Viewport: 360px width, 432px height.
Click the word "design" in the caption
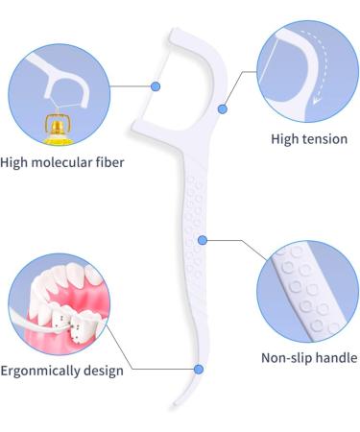[105, 371]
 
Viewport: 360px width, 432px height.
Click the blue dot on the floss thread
[156, 87]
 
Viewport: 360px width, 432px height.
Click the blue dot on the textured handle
[202, 240]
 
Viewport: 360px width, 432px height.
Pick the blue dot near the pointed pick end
[198, 369]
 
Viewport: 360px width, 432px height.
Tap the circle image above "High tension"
[305, 72]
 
